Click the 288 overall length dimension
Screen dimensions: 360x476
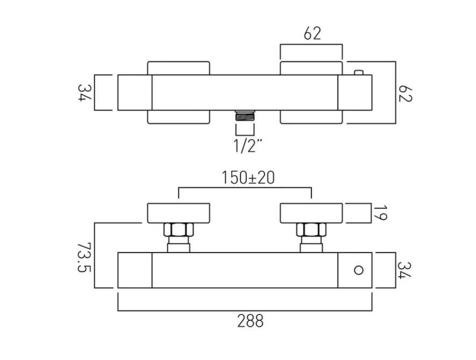point(250,321)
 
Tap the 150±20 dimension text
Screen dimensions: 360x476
point(248,177)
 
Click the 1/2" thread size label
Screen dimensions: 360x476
point(247,145)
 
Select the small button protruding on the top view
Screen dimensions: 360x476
point(358,72)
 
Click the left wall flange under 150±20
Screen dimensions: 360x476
point(179,213)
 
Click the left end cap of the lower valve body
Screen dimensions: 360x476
point(135,270)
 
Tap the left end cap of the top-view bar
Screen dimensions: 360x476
point(135,92)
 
